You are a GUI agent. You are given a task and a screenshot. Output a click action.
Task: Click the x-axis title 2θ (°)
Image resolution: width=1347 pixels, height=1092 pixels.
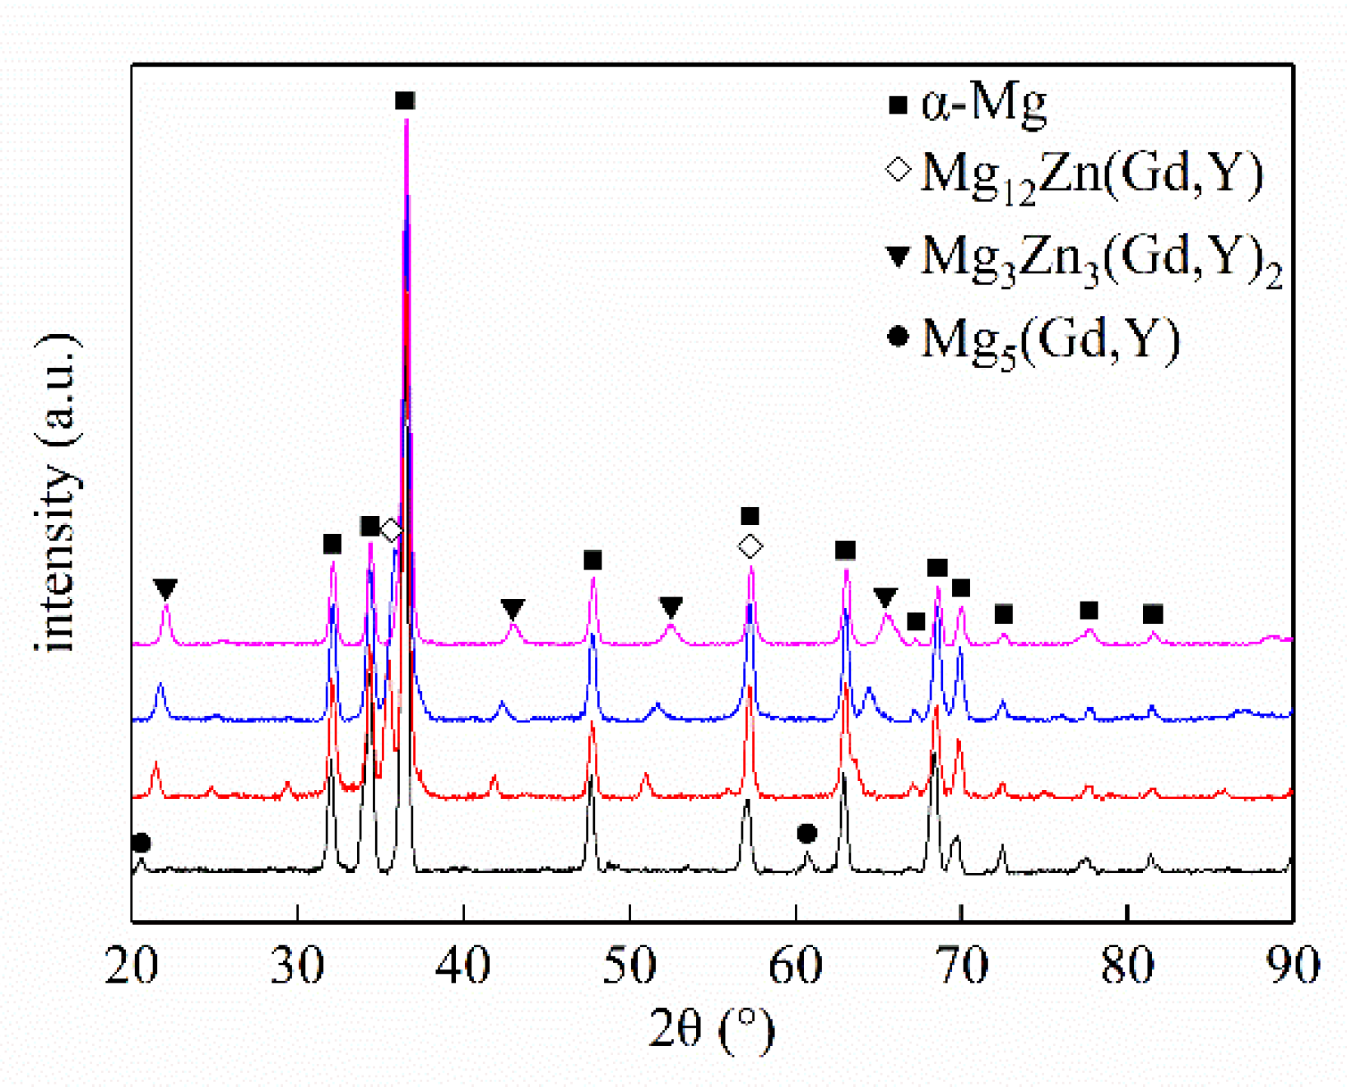(x=712, y=1029)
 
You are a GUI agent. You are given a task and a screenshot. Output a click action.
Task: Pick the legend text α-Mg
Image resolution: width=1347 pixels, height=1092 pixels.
(x=984, y=105)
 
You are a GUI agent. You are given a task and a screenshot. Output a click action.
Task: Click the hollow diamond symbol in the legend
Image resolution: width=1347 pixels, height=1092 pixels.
(x=899, y=170)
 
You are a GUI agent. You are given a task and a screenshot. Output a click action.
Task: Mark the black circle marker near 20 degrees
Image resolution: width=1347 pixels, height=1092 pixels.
(x=141, y=843)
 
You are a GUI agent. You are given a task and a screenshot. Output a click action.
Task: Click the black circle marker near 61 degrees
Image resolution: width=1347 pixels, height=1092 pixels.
(x=807, y=834)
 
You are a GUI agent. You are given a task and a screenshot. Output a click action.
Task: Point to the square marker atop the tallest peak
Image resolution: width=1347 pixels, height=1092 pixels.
(x=405, y=100)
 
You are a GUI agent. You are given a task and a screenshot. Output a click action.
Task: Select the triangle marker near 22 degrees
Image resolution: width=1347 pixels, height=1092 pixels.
(x=165, y=589)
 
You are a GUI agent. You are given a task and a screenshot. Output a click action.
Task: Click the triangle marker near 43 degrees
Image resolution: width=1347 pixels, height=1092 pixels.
(x=513, y=609)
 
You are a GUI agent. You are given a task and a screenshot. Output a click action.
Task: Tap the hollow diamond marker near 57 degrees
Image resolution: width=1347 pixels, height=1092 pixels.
(x=750, y=546)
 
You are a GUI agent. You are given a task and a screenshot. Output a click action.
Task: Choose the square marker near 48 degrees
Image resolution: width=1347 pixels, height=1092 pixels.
(x=592, y=560)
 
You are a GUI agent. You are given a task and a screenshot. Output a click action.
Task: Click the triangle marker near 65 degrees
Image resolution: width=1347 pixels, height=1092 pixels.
(x=885, y=597)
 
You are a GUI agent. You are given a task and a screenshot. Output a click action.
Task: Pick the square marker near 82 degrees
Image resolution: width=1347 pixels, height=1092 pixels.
(x=1153, y=614)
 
